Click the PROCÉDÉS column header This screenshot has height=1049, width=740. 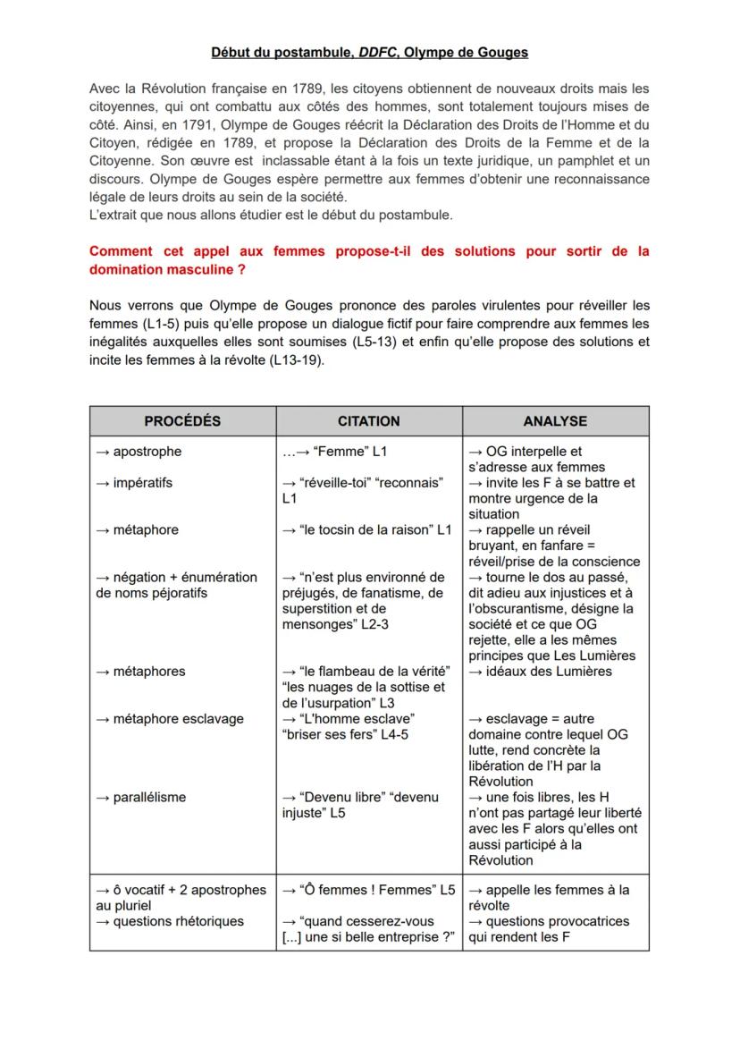[182, 420]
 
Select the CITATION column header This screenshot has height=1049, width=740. [368, 420]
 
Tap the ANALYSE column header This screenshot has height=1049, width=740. [555, 420]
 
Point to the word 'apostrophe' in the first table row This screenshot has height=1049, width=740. [147, 452]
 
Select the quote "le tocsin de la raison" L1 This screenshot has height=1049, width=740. [366, 529]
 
